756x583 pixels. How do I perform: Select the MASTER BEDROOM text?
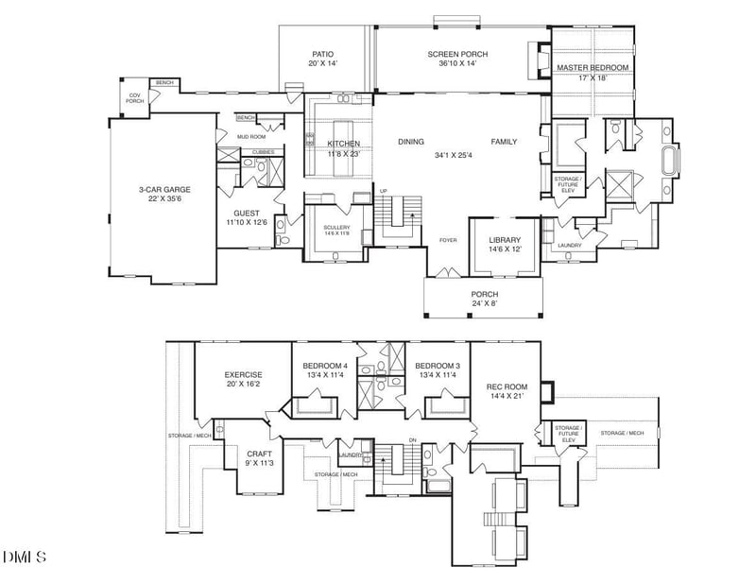click(593, 68)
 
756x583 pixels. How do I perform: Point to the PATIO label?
click(323, 55)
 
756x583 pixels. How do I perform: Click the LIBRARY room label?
click(505, 240)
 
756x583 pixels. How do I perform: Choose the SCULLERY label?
click(336, 228)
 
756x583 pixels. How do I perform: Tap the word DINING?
click(411, 142)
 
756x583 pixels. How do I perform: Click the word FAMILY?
click(504, 142)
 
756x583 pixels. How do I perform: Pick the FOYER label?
click(448, 240)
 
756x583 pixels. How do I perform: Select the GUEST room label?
click(248, 214)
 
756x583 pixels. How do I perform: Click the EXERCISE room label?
click(243, 374)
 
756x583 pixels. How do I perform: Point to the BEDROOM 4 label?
click(325, 366)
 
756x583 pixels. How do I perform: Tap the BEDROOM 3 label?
click(438, 366)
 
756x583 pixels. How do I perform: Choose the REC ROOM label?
click(507, 387)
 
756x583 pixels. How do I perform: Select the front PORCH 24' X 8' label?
click(485, 300)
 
